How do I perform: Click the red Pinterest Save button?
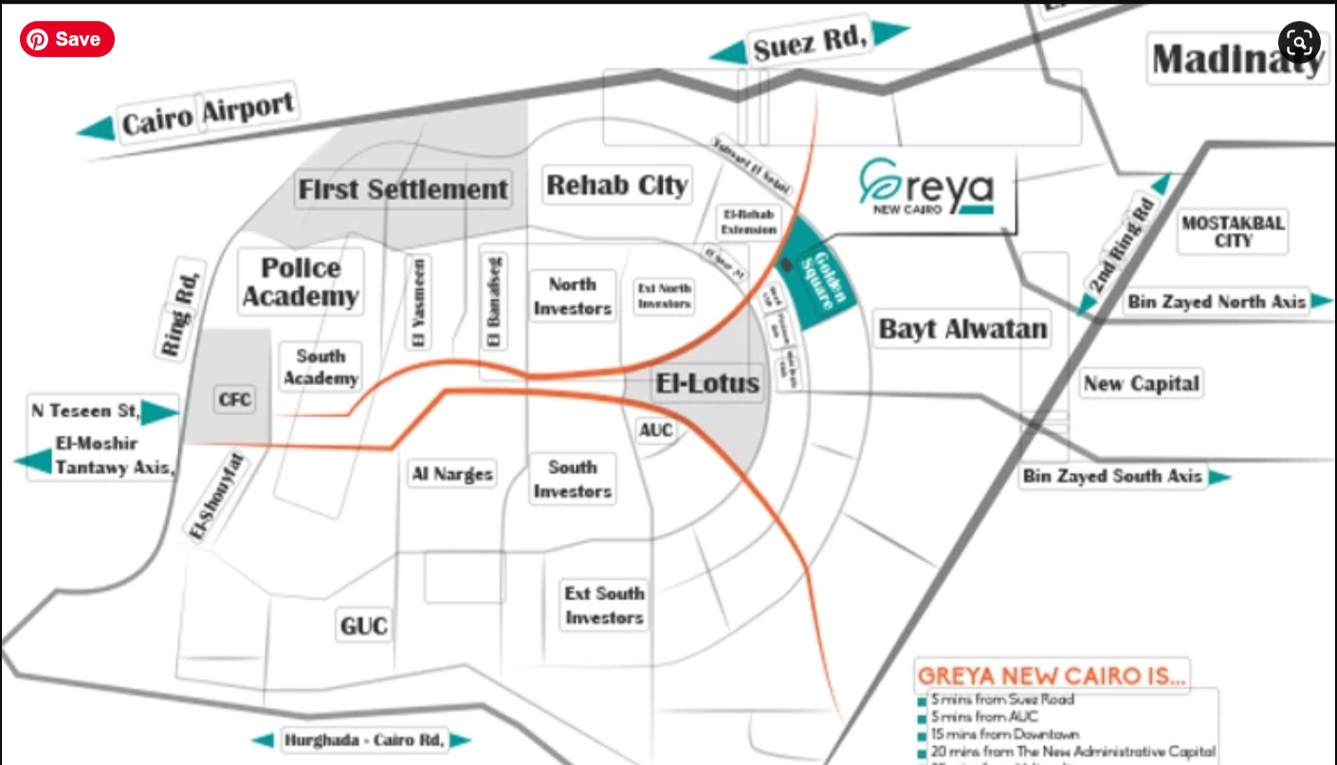pos(66,39)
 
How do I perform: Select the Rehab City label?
pos(616,185)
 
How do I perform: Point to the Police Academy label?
pos(300,282)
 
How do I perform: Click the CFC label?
pos(234,399)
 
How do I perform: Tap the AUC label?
pos(655,430)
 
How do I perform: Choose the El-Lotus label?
pos(707,384)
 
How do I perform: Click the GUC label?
pos(364,626)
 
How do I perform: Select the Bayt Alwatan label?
pos(962,329)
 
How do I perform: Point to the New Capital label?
pos(1141,384)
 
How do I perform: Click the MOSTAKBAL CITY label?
pos(1233,232)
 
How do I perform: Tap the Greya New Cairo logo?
pos(926,187)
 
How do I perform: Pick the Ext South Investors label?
pos(604,606)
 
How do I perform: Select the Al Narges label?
pos(452,473)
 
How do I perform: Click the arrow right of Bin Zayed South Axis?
pos(1219,477)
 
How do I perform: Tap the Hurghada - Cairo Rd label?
pos(363,739)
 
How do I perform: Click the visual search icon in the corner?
pos(1298,42)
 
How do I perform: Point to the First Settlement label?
pos(403,190)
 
